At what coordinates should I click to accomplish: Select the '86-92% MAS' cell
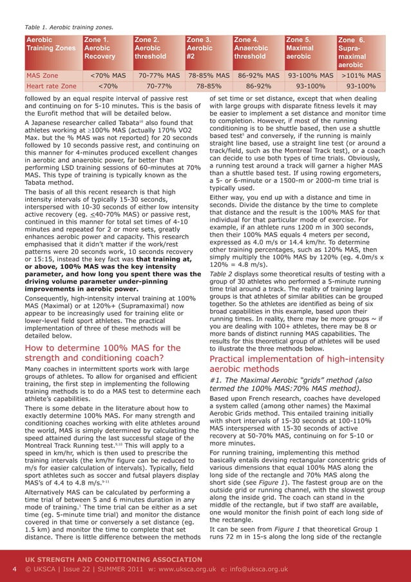pyautogui.click(x=258, y=75)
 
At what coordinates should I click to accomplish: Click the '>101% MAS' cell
pyautogui.click(x=361, y=75)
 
